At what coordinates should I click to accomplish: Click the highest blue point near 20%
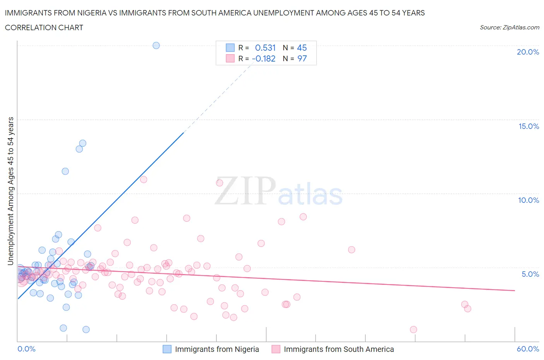[156, 45]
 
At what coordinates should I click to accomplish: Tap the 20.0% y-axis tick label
[528, 52]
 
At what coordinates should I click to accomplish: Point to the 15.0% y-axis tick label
[529, 126]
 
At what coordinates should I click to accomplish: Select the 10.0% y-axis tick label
[529, 200]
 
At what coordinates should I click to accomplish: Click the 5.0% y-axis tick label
[530, 274]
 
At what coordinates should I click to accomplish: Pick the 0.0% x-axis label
[26, 349]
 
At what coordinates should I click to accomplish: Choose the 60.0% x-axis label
[528, 349]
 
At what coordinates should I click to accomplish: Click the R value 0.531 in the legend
[265, 48]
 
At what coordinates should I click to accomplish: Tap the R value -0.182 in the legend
[263, 58]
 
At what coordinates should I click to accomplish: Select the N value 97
[302, 58]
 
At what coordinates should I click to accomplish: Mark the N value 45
[302, 48]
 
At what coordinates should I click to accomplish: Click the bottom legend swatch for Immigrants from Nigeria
[167, 349]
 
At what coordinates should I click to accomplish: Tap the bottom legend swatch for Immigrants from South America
[276, 349]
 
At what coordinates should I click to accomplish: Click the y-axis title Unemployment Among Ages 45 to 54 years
[11, 191]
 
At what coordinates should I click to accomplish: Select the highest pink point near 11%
[144, 179]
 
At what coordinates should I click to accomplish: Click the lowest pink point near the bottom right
[413, 329]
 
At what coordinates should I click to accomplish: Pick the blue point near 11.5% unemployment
[65, 171]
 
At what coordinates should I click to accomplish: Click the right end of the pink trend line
[515, 290]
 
